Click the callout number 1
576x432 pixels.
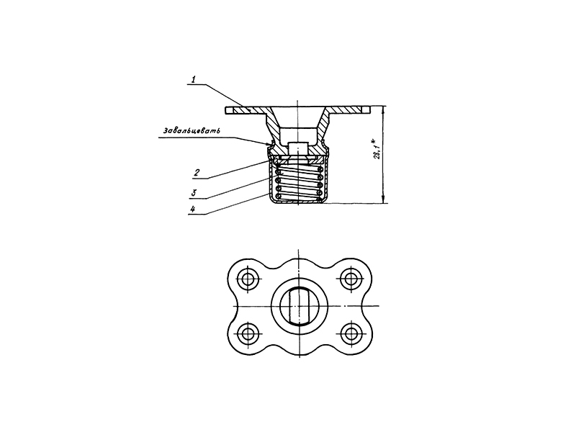(x=194, y=79)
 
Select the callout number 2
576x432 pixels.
(x=197, y=172)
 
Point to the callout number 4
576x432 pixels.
(x=192, y=209)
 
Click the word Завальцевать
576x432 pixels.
(x=192, y=131)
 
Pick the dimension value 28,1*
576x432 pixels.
(x=377, y=149)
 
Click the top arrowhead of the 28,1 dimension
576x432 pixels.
(x=384, y=110)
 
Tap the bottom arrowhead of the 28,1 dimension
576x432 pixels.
(x=384, y=199)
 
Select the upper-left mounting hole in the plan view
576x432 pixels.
(x=247, y=279)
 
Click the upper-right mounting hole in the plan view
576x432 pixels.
(x=351, y=279)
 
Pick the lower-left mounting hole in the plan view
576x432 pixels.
(x=247, y=333)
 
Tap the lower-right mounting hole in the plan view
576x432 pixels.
(x=351, y=333)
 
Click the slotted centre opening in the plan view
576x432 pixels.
(x=298, y=307)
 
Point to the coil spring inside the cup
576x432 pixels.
(x=299, y=184)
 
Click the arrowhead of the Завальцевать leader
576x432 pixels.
(x=269, y=144)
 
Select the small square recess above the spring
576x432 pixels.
(x=298, y=148)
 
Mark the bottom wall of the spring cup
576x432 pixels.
(x=299, y=202)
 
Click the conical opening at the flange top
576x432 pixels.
(x=298, y=117)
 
